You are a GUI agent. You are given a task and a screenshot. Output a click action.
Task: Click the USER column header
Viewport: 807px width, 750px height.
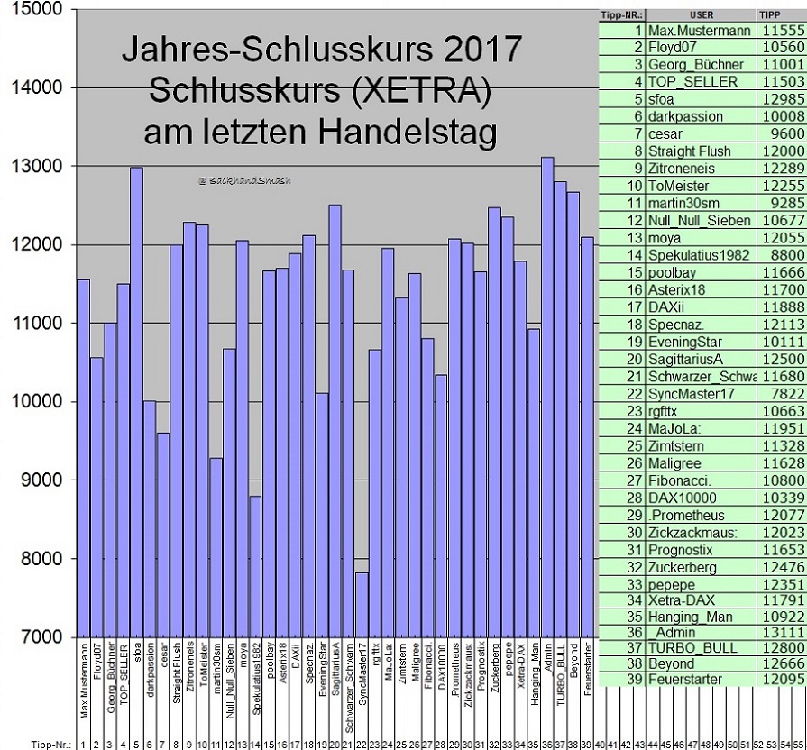701,15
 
